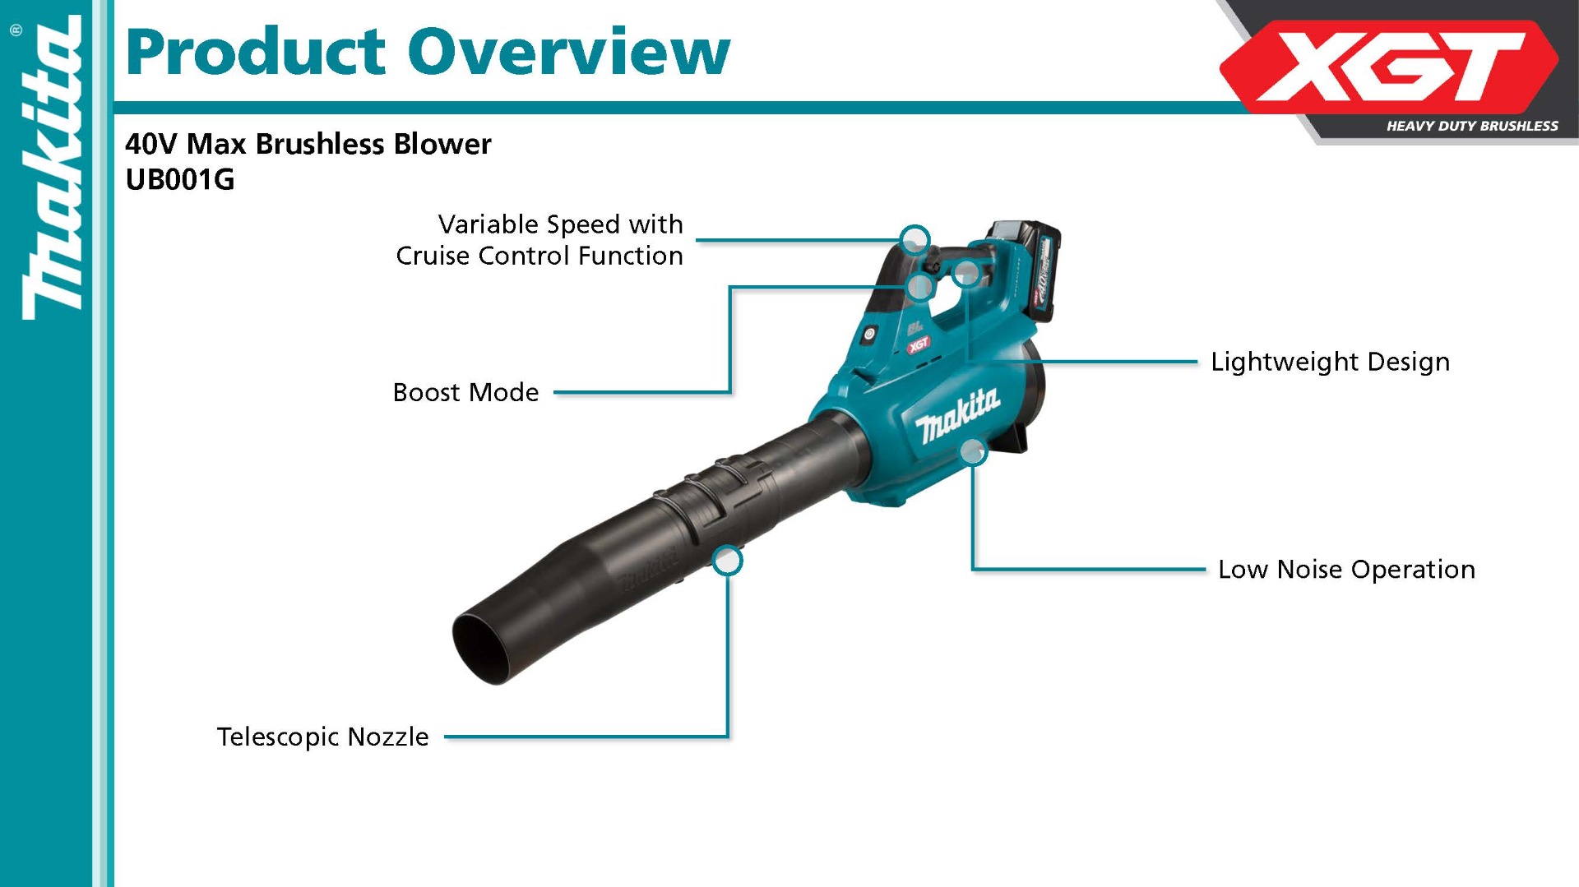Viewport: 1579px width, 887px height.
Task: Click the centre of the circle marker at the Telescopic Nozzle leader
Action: click(727, 561)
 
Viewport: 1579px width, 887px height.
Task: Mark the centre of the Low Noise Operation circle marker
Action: click(973, 450)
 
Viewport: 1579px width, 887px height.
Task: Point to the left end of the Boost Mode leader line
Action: click(555, 392)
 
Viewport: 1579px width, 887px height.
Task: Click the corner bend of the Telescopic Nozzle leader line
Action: click(727, 737)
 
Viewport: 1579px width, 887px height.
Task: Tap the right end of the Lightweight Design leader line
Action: click(1197, 361)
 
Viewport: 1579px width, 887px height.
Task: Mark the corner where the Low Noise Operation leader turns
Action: click(973, 568)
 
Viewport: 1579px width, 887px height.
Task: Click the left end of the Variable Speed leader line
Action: click(697, 240)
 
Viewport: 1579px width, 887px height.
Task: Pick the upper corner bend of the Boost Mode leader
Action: click(730, 287)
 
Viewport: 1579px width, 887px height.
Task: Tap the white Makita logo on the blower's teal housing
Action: click(958, 416)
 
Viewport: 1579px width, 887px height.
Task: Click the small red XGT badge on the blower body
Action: click(919, 344)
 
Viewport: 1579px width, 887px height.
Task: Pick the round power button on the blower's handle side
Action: click(868, 333)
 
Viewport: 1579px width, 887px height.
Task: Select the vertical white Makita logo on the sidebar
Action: click(52, 169)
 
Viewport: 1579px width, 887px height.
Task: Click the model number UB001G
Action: click(180, 179)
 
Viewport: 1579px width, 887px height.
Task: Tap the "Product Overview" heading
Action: click(428, 52)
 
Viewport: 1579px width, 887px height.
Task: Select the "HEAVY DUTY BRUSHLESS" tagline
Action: click(1472, 126)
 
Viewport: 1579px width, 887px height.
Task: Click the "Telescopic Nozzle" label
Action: click(322, 737)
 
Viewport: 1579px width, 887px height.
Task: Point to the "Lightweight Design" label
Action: click(1330, 362)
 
